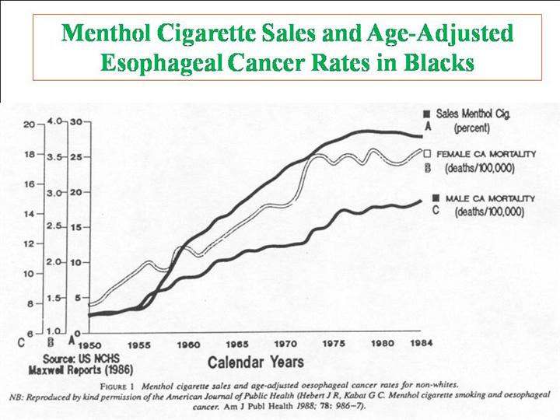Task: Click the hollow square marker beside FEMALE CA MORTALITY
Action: pyautogui.click(x=427, y=154)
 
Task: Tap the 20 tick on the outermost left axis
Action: pyautogui.click(x=29, y=124)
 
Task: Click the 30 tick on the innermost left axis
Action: pyautogui.click(x=77, y=122)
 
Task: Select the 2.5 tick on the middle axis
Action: pyautogui.click(x=54, y=226)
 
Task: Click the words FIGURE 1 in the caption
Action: pyautogui.click(x=128, y=383)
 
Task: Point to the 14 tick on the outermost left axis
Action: pyautogui.click(x=29, y=214)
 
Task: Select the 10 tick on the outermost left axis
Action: pyautogui.click(x=29, y=274)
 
